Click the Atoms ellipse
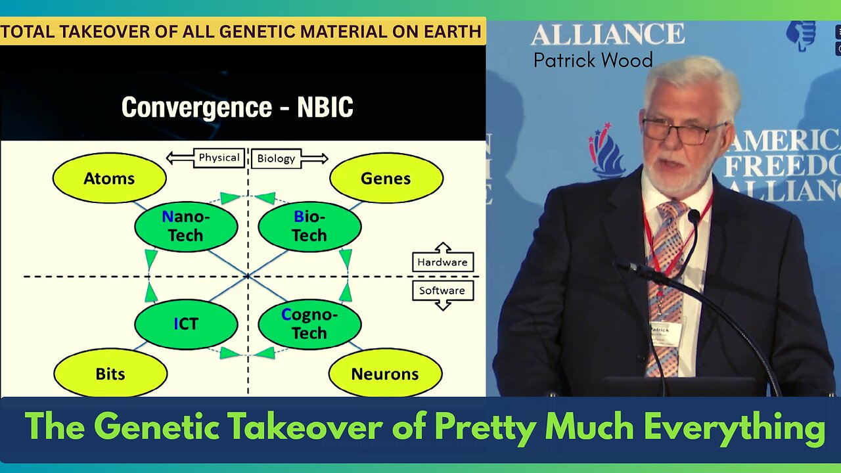[109, 178]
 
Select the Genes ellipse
[386, 178]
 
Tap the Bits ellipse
[110, 374]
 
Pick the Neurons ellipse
[385, 374]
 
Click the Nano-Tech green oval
[185, 226]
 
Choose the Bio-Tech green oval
[309, 226]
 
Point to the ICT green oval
[185, 324]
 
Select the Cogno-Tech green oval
[309, 324]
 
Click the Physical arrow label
[218, 158]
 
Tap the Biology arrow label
[276, 158]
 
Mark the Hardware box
[442, 261]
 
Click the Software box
[442, 291]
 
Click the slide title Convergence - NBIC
[237, 107]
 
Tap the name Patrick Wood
[593, 60]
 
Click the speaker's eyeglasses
[683, 130]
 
